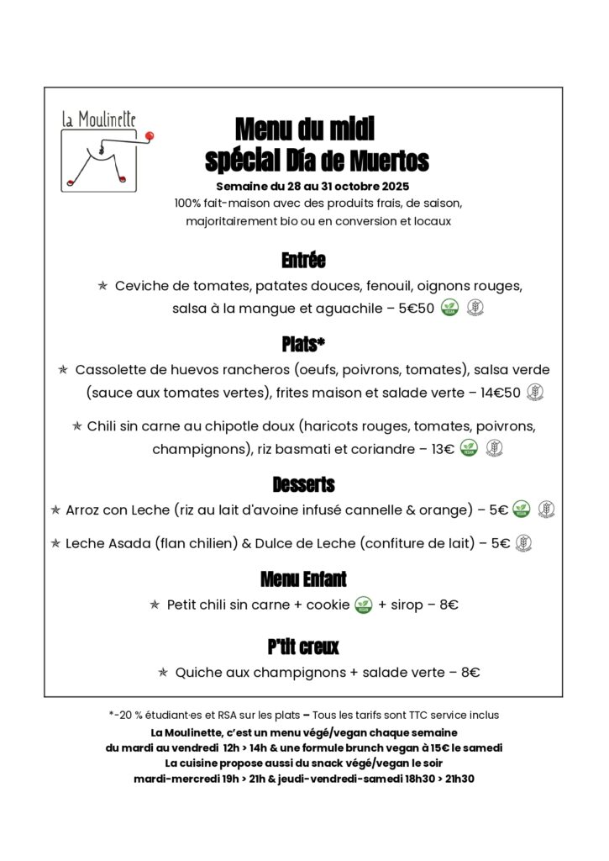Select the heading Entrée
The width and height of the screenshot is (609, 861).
tap(303, 260)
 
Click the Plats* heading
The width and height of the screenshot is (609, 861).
tap(303, 344)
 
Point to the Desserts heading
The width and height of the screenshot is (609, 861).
tap(303, 484)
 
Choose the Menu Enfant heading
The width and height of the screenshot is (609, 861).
tap(303, 578)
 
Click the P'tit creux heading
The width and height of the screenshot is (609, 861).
tap(303, 647)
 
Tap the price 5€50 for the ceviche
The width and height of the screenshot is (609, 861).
tap(417, 308)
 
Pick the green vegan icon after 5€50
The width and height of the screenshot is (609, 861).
tap(449, 308)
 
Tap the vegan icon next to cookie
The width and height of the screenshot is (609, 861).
tap(363, 605)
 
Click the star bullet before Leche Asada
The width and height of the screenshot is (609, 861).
tap(56, 543)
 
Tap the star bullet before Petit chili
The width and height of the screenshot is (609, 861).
tap(155, 605)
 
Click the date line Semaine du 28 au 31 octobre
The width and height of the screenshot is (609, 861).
tap(312, 186)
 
